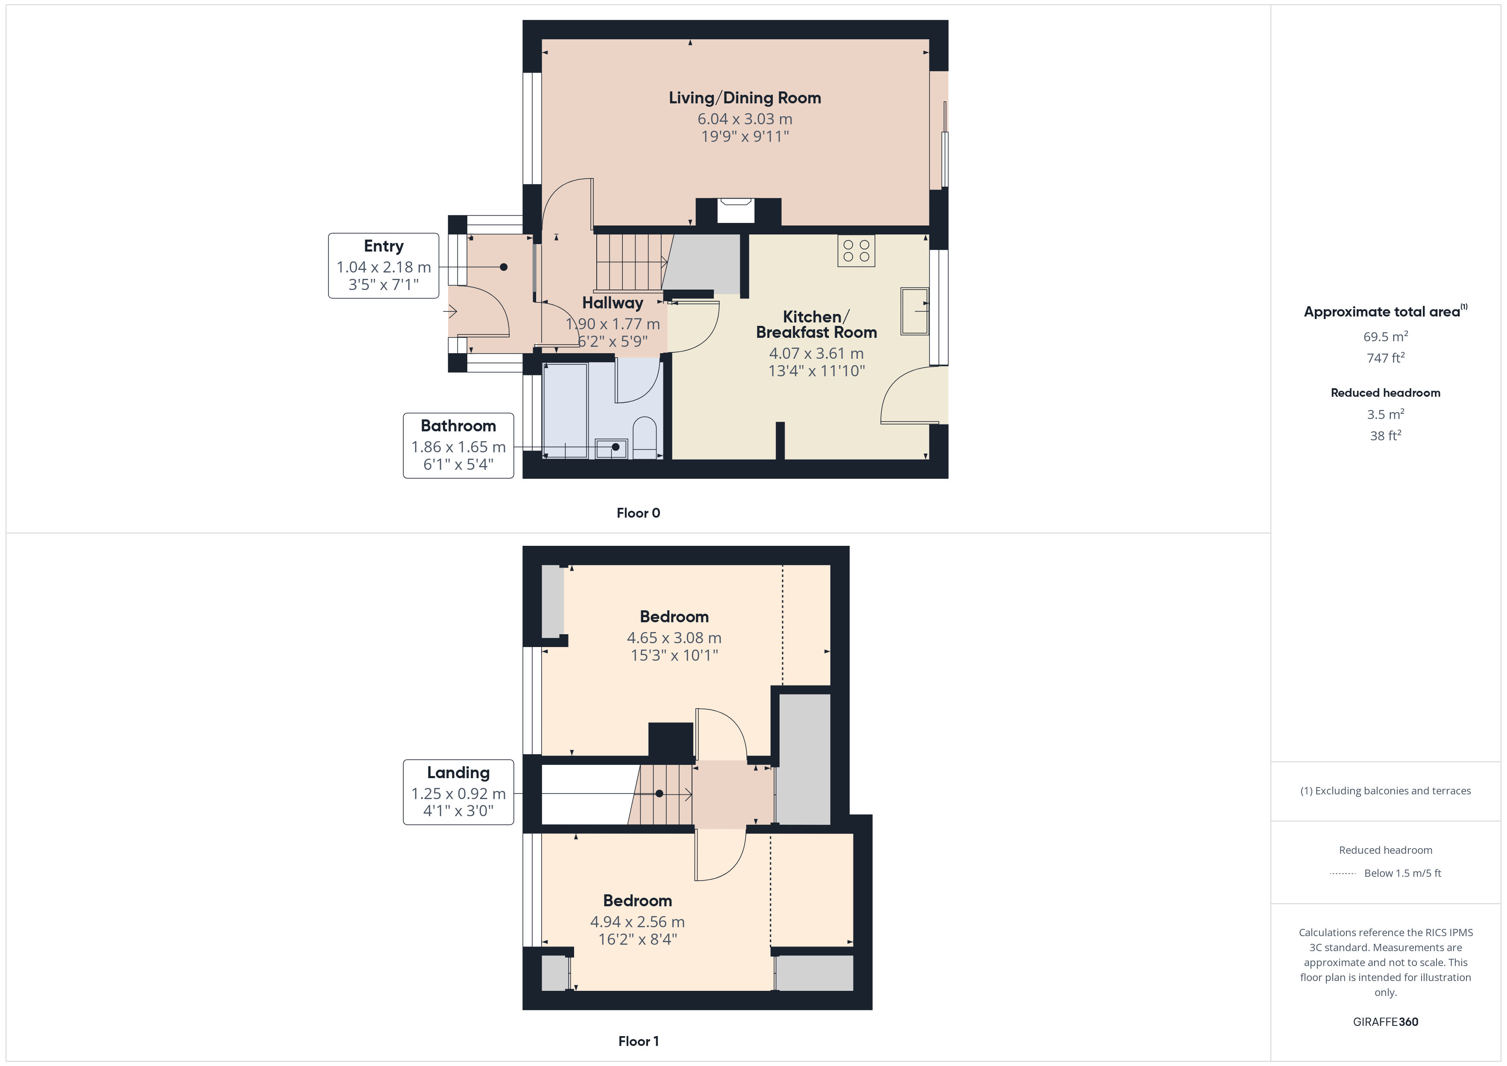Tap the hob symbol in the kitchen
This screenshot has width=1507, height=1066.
click(856, 251)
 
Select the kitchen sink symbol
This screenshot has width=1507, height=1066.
click(914, 311)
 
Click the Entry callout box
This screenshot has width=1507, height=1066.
click(383, 266)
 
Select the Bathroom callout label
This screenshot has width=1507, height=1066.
click(458, 426)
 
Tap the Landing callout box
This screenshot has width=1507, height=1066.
click(458, 792)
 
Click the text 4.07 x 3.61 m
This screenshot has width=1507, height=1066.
click(816, 354)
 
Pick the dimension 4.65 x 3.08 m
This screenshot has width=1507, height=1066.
click(674, 637)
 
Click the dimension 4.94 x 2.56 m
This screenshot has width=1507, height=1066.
click(637, 922)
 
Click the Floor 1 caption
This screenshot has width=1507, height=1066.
click(638, 1041)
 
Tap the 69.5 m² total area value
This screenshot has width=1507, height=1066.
click(1385, 337)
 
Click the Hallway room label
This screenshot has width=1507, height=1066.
click(613, 303)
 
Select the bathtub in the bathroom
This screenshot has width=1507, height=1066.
click(565, 410)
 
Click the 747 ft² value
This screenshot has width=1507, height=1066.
click(1385, 358)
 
